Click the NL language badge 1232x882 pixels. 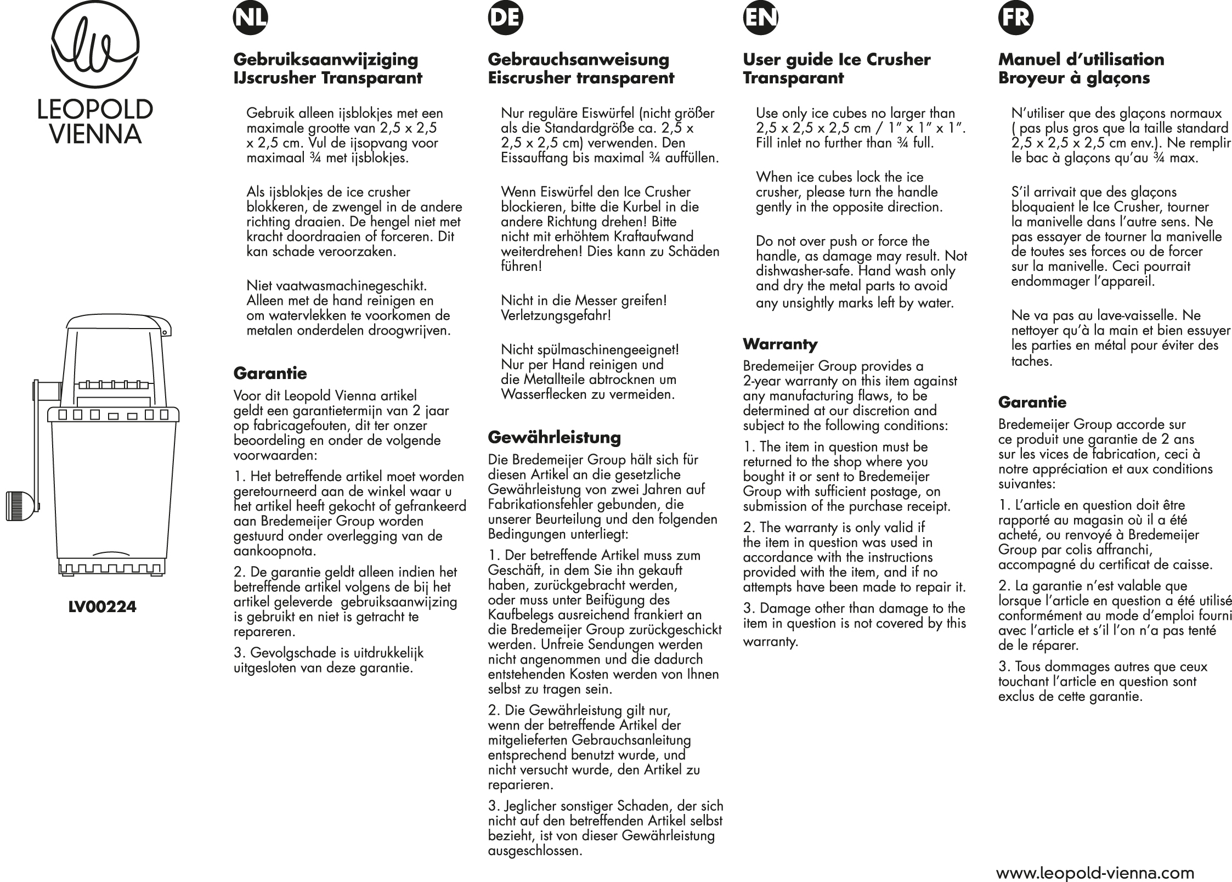click(250, 19)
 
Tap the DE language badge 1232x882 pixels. click(505, 19)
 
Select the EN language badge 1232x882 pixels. click(760, 19)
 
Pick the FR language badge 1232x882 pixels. click(1016, 19)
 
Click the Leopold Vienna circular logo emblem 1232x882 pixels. click(95, 50)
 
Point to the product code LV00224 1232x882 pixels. click(103, 607)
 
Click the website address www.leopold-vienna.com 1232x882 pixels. click(1095, 873)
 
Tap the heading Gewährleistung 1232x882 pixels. click(555, 437)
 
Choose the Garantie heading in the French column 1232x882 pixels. click(1032, 402)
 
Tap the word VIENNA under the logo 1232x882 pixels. click(95, 134)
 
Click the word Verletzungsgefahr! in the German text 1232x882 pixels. click(556, 316)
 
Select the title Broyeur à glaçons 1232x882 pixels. click(1073, 78)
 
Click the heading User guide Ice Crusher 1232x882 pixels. click(837, 59)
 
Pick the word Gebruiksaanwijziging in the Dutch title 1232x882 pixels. click(326, 59)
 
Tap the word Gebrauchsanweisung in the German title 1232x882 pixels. click(579, 59)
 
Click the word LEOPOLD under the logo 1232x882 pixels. click(95, 110)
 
